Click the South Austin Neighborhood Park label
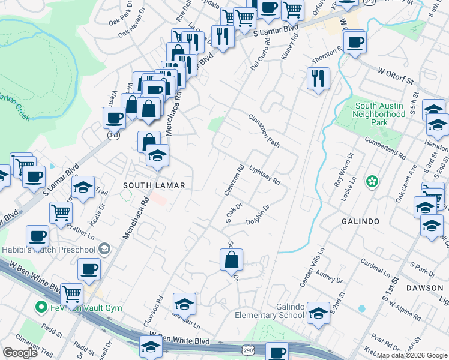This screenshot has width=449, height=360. (x=379, y=114)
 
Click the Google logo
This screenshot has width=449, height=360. (x=20, y=352)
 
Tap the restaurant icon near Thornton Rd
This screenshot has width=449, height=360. (x=318, y=78)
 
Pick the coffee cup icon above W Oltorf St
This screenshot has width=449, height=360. (x=355, y=42)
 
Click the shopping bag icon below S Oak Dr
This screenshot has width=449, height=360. (x=232, y=260)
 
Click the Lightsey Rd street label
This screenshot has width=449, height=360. (x=265, y=176)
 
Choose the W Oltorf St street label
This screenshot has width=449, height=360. (x=396, y=76)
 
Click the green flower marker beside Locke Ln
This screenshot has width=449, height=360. (x=372, y=181)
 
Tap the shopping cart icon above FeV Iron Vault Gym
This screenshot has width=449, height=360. (x=72, y=294)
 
